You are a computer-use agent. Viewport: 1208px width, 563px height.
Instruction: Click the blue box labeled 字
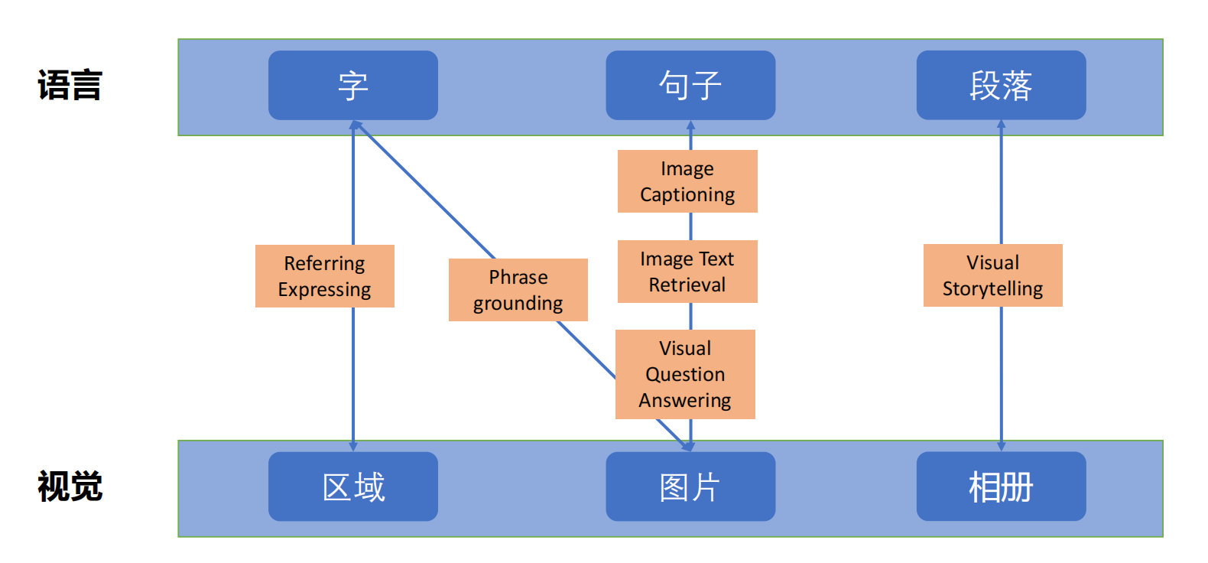point(352,85)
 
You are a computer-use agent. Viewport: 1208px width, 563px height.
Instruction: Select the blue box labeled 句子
point(690,85)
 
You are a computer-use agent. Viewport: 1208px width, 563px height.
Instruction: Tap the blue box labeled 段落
point(1001,85)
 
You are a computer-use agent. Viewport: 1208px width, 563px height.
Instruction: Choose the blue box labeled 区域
point(352,487)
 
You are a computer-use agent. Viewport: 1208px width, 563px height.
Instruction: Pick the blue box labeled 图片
point(690,487)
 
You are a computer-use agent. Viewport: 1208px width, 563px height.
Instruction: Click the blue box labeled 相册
point(1001,487)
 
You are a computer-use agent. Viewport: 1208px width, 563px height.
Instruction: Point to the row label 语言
point(70,85)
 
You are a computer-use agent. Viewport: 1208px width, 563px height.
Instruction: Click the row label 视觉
point(70,487)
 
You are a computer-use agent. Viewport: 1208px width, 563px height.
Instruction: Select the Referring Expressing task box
point(324,276)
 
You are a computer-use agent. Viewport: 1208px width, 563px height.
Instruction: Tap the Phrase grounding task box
point(518,290)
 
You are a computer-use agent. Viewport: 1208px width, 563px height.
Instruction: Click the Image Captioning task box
point(687,181)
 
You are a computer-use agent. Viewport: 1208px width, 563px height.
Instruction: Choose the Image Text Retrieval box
point(687,272)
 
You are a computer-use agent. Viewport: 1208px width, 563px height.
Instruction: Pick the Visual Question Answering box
point(685,374)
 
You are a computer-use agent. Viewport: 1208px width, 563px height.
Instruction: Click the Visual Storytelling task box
point(992,275)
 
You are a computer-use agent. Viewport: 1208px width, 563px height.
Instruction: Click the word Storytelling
point(992,288)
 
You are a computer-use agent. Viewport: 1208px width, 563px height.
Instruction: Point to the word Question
point(685,374)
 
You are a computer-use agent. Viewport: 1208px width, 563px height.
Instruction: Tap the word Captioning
point(687,195)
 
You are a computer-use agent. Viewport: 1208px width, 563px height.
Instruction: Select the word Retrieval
point(687,285)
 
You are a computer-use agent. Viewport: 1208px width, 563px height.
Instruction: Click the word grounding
point(518,304)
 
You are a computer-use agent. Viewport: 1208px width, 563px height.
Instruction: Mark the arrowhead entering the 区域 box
point(353,446)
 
